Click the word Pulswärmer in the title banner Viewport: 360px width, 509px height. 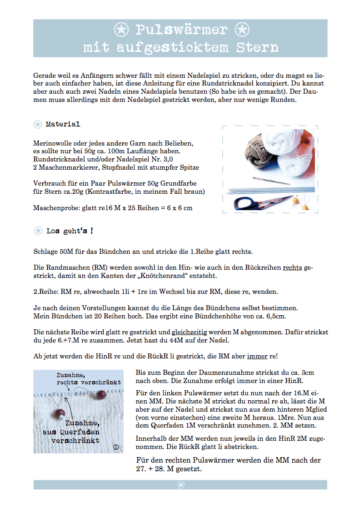point(181,30)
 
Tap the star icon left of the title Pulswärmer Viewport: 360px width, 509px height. point(120,30)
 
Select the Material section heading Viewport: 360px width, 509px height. point(63,124)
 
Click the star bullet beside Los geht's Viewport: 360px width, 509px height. point(38,231)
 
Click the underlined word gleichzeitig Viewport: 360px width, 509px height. point(191,332)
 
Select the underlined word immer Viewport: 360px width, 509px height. point(257,356)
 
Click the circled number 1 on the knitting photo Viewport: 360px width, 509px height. point(115,447)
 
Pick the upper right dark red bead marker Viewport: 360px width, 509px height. point(103,393)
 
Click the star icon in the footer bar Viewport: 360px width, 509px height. point(180,485)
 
